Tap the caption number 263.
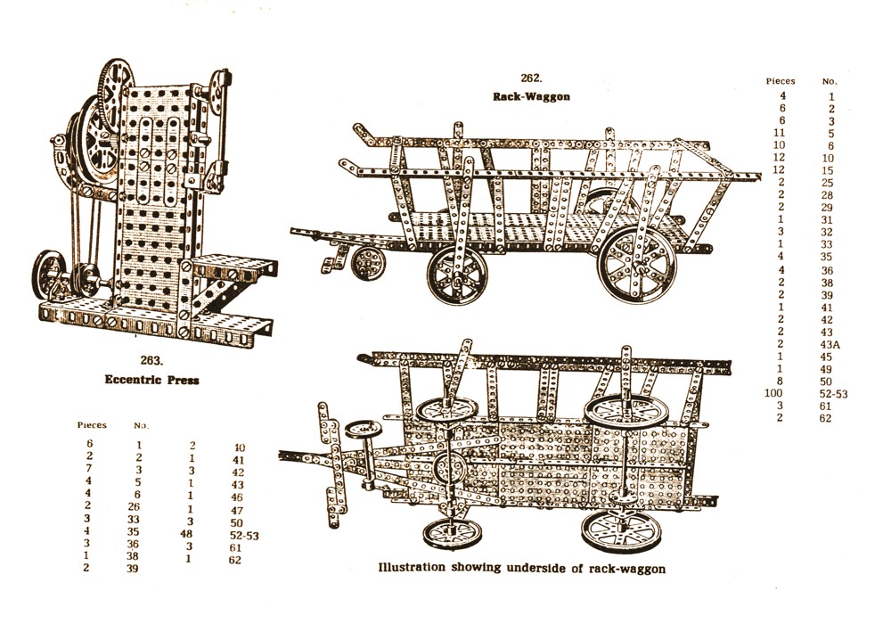150,360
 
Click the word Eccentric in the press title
130,380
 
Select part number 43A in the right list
830,345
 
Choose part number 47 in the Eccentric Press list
238,509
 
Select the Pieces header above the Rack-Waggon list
781,81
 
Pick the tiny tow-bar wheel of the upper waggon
364,263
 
